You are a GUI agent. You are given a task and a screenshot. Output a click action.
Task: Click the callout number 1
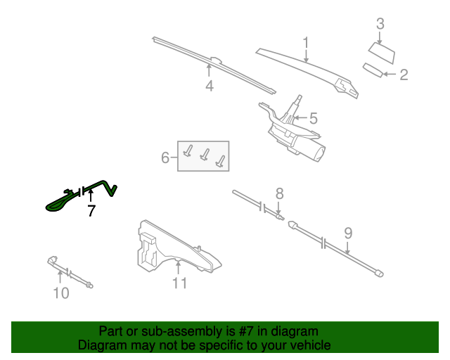coord(306,43)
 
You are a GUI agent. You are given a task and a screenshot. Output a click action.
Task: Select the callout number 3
coord(380,25)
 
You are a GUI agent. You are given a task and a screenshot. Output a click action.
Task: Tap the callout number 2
coord(404,75)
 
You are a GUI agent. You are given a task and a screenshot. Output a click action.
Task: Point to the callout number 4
coord(209,86)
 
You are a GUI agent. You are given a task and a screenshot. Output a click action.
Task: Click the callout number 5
coord(313,119)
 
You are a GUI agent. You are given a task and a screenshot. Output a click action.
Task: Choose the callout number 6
coord(165,157)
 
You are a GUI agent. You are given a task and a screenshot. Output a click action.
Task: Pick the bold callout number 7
coord(91,210)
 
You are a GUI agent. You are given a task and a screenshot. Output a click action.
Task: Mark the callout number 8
coord(279,193)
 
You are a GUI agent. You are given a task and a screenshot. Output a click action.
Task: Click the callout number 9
coord(348,233)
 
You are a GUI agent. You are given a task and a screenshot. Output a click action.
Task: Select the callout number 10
coord(61,292)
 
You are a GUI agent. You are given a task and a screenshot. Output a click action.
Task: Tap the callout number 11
coord(179,283)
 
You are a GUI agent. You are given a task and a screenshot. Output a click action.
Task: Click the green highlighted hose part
coord(63,202)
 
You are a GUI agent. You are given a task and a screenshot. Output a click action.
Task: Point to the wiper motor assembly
coord(295,134)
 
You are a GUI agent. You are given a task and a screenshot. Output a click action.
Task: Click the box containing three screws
coord(203,156)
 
